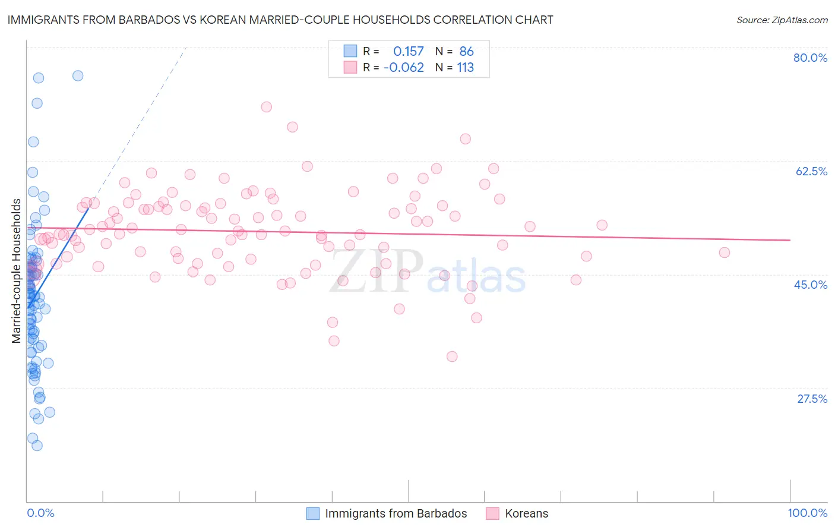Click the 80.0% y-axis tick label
point(810,58)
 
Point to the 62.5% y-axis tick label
point(811,171)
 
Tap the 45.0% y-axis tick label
point(811,285)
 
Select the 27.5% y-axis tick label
point(812,399)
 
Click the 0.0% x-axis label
point(40,513)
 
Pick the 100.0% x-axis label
point(807,513)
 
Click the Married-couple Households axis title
point(17,271)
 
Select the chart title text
point(280,20)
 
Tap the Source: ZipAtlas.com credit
point(782,20)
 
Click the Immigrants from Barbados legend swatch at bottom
point(313,513)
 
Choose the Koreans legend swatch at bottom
point(492,513)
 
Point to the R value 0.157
point(409,52)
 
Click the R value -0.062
point(404,68)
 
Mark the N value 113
point(466,68)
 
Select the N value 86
point(466,52)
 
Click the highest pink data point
point(266,107)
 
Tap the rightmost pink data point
point(724,253)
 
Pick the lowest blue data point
point(37,446)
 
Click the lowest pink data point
point(452,357)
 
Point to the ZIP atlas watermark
point(428,272)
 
